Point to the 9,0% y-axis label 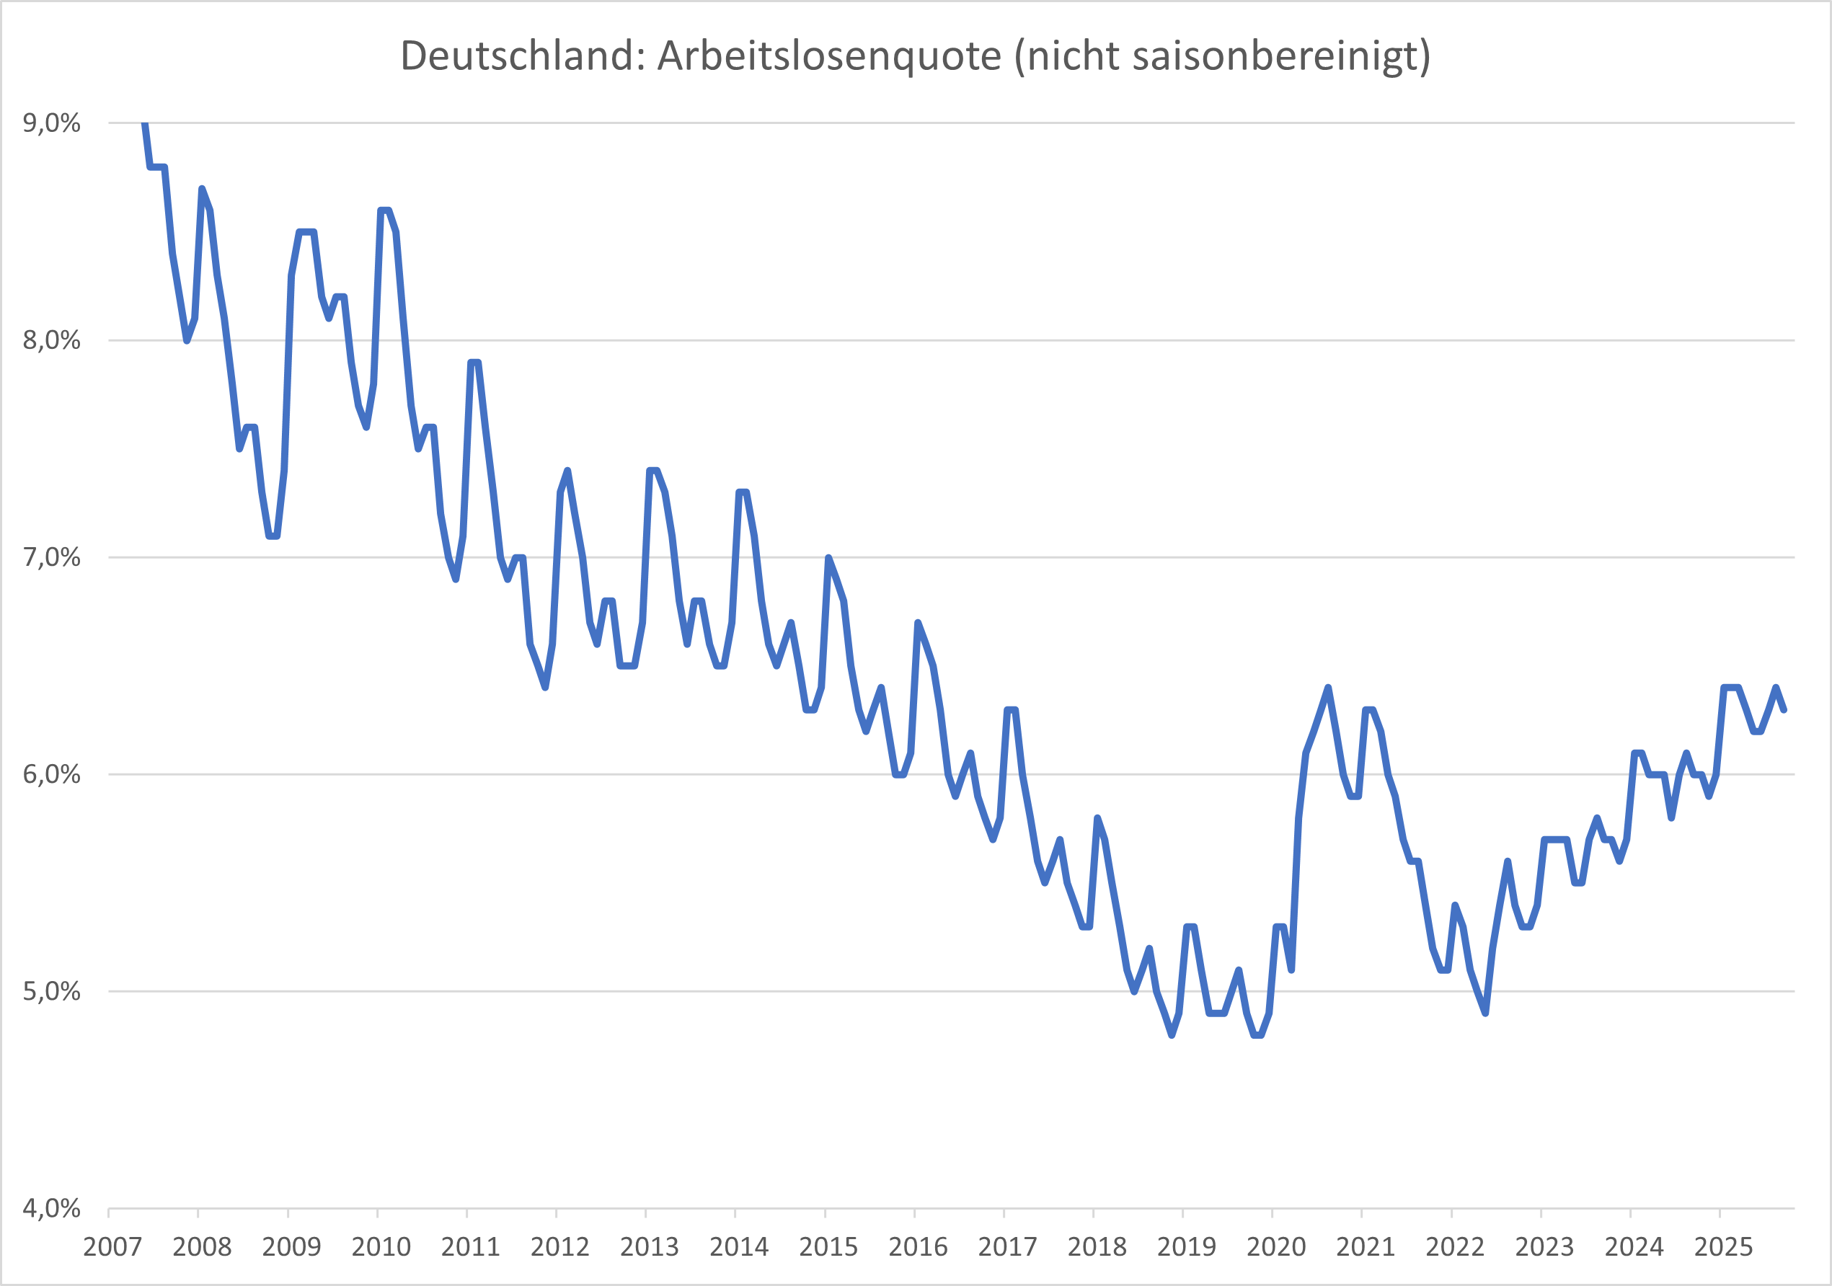coord(52,123)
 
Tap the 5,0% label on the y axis coord(52,991)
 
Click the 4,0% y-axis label coord(52,1208)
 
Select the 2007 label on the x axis coord(112,1247)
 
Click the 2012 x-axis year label coord(560,1247)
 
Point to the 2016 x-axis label coord(919,1247)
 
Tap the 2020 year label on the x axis coord(1277,1247)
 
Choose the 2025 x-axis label coord(1723,1247)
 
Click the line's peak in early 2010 coord(384,210)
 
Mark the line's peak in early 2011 coord(474,362)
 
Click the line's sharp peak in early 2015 coord(828,558)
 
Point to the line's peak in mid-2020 coord(1329,688)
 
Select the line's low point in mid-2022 coord(1485,1014)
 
